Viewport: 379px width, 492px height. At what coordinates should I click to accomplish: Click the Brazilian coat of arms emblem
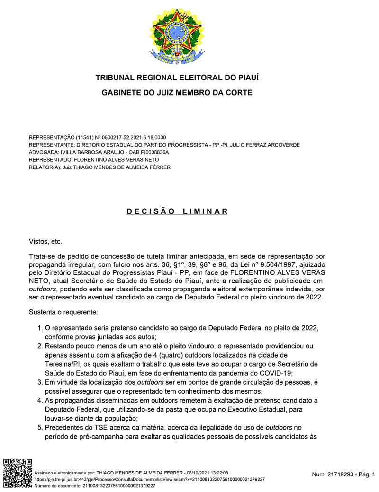pyautogui.click(x=177, y=37)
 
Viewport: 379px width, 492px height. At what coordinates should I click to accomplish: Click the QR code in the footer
pyautogui.click(x=18, y=473)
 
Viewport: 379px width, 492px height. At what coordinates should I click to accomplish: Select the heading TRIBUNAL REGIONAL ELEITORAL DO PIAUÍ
pyautogui.click(x=177, y=77)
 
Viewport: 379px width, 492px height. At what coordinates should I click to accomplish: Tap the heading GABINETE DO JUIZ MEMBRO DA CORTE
pyautogui.click(x=177, y=93)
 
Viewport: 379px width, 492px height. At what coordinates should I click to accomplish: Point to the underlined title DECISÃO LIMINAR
pyautogui.click(x=177, y=211)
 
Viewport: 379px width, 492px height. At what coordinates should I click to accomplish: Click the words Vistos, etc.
pyautogui.click(x=45, y=241)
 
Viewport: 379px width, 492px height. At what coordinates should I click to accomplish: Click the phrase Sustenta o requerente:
pyautogui.click(x=63, y=312)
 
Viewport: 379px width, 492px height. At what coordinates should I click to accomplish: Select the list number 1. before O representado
pyautogui.click(x=40, y=328)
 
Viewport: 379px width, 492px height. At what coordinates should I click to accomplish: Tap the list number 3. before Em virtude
pyautogui.click(x=40, y=382)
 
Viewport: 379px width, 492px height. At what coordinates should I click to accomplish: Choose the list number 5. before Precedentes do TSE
pyautogui.click(x=40, y=427)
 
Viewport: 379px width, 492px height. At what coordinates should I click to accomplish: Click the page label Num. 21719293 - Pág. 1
pyautogui.click(x=343, y=474)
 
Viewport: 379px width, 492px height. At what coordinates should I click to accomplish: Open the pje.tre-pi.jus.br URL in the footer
pyautogui.click(x=150, y=479)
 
